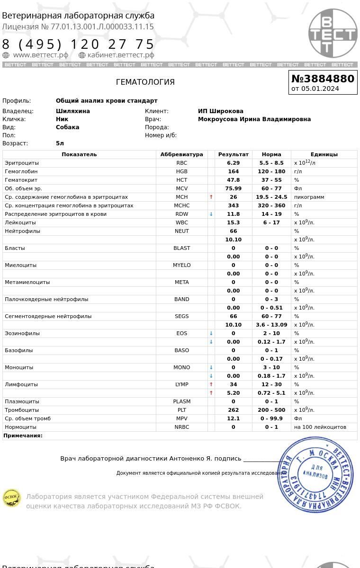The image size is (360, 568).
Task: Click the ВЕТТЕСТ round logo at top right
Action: [333, 33]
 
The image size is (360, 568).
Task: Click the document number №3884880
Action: [323, 79]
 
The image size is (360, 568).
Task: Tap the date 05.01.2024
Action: [320, 89]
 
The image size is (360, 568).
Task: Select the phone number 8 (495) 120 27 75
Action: [79, 44]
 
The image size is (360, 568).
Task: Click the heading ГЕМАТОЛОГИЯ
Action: [145, 82]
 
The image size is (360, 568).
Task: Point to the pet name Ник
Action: [62, 119]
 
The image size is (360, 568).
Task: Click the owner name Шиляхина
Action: [72, 111]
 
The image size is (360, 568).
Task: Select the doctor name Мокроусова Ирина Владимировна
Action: [254, 119]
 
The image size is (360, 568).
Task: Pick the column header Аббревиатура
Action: [181, 154]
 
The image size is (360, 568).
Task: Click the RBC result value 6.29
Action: [233, 163]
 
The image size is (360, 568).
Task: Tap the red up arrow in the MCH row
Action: [211, 197]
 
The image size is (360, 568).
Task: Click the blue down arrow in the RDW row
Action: [211, 214]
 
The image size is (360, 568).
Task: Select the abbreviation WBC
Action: [181, 222]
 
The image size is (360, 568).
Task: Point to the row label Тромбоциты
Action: [22, 410]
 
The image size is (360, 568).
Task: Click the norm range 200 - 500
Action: [271, 410]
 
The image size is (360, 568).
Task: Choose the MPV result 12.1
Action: [233, 418]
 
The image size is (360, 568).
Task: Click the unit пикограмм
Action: [309, 197]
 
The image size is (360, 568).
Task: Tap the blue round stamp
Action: [315, 474]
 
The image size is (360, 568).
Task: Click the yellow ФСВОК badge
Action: [12, 498]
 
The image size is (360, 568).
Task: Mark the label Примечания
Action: [23, 435]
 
